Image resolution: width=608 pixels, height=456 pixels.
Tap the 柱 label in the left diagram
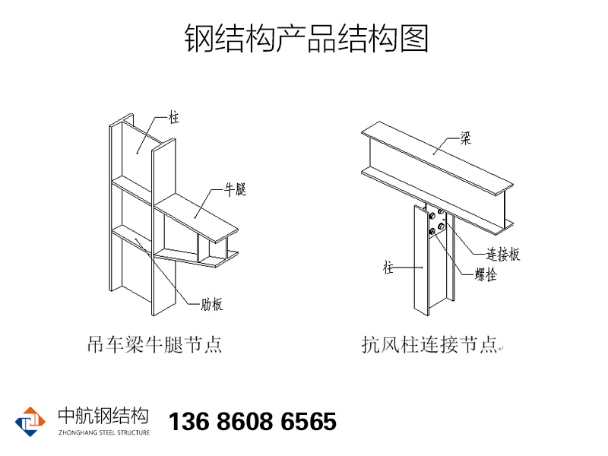pyautogui.click(x=174, y=118)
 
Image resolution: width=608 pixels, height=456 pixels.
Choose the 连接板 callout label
pyautogui.click(x=503, y=255)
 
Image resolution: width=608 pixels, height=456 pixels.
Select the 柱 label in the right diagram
pyautogui.click(x=388, y=268)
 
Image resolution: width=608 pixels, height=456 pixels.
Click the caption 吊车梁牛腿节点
pyautogui.click(x=154, y=346)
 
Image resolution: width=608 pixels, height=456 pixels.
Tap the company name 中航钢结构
pyautogui.click(x=103, y=416)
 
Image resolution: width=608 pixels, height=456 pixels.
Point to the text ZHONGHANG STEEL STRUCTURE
pyautogui.click(x=103, y=432)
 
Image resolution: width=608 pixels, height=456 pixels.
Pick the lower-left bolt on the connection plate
pyautogui.click(x=432, y=233)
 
